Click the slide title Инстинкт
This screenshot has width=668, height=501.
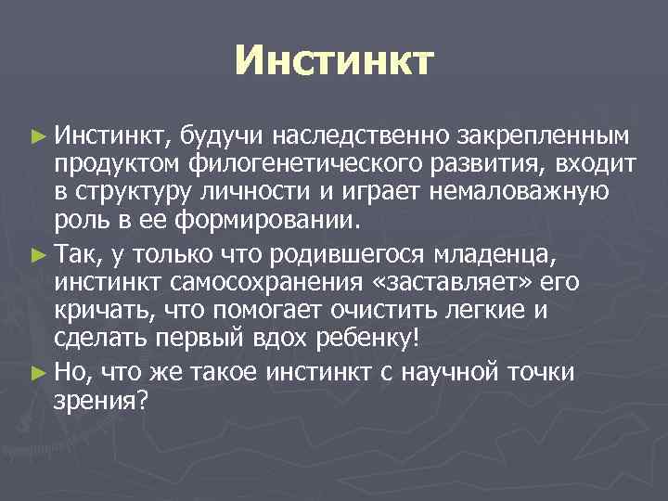333,60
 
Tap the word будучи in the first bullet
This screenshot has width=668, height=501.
217,137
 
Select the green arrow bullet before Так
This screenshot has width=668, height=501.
36,252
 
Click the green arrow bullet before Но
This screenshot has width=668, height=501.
36,373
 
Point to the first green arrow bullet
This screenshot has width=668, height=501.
36,137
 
